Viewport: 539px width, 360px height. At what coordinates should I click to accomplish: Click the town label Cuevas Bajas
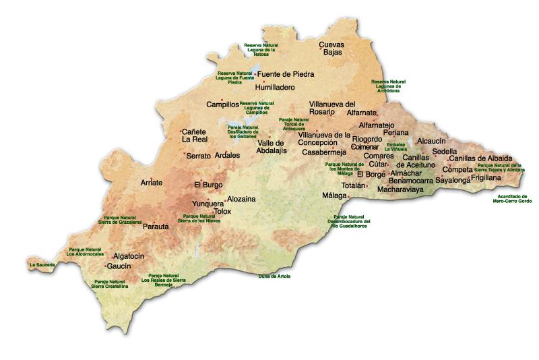pos(331,48)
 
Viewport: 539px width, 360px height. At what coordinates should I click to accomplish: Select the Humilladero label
pos(275,88)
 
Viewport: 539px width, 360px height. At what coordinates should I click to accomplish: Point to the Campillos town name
pos(222,105)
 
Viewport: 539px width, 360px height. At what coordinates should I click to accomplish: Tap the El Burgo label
pos(208,184)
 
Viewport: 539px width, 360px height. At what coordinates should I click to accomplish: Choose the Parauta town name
pos(156,227)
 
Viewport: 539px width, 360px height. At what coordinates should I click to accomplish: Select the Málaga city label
pos(334,196)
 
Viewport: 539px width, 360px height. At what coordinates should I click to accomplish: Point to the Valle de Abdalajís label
pos(272,146)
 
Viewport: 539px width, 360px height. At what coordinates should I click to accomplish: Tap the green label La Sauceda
pos(42,265)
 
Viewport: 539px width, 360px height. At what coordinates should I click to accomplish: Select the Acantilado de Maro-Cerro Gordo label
pos(510,198)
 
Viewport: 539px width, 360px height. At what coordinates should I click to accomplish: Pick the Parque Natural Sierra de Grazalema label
pos(121,220)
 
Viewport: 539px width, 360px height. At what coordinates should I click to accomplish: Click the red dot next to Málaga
pos(348,196)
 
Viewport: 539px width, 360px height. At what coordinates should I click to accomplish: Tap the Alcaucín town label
pos(432,141)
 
